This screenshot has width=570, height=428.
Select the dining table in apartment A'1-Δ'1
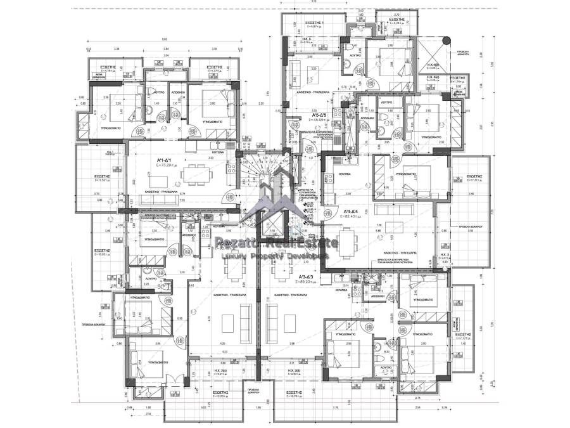point(190,176)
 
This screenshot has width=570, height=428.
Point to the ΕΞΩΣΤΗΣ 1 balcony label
point(314,23)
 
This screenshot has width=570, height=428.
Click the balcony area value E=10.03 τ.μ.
point(103,256)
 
